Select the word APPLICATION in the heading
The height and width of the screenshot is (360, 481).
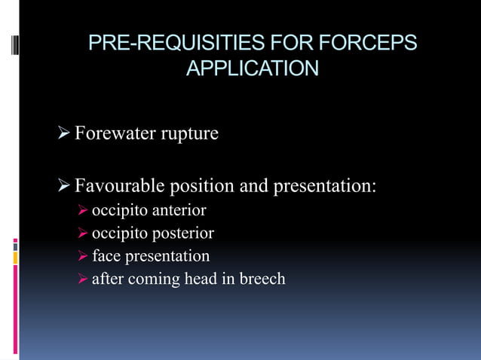pos(252,69)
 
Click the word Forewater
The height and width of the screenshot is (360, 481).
pos(112,134)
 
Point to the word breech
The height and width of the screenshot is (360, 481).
pos(262,279)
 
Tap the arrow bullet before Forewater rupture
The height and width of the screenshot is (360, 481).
pos(64,134)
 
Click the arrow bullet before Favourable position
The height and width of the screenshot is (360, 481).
pos(64,185)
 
